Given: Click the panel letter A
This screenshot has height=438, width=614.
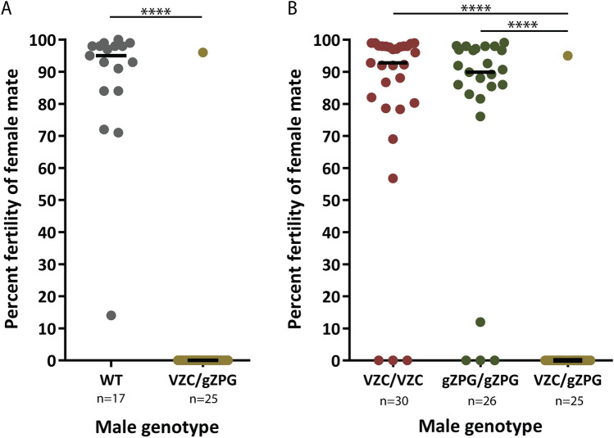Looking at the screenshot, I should [x=7, y=9].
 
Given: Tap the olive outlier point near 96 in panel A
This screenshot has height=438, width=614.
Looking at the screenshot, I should [x=202, y=52].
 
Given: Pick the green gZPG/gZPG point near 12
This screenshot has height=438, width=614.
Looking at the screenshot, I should [x=480, y=322].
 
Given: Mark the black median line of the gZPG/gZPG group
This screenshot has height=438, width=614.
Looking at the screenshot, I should [x=480, y=72].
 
